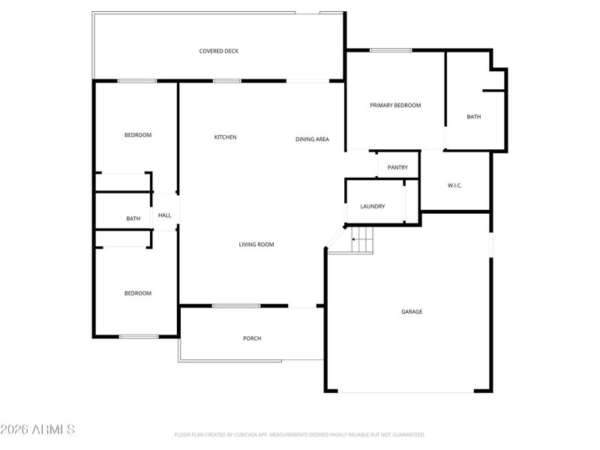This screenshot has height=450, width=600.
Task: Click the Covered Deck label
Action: click(219, 51)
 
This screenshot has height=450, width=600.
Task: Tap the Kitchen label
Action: click(225, 137)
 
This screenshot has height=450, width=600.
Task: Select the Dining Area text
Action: click(312, 139)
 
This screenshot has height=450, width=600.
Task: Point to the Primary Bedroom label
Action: click(395, 106)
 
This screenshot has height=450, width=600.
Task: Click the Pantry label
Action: click(397, 167)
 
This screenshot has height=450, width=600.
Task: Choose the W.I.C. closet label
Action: click(457, 184)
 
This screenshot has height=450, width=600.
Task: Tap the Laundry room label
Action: click(373, 206)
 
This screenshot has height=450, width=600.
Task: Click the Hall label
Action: click(164, 215)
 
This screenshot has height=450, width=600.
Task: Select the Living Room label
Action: click(256, 244)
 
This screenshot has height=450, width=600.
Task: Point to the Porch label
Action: click(252, 338)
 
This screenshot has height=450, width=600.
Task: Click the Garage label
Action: click(412, 311)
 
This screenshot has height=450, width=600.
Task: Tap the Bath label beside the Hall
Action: click(133, 219)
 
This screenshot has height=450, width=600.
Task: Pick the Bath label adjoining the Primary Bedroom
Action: click(473, 117)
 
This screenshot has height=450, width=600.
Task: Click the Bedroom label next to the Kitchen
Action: click(138, 135)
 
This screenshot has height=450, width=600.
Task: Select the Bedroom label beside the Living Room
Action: click(138, 293)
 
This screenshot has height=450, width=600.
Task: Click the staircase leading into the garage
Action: click(362, 240)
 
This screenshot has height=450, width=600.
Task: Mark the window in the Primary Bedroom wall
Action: click(390, 50)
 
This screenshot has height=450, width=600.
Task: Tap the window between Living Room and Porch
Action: click(235, 306)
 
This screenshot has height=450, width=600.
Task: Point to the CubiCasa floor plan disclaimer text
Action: click(300, 434)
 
